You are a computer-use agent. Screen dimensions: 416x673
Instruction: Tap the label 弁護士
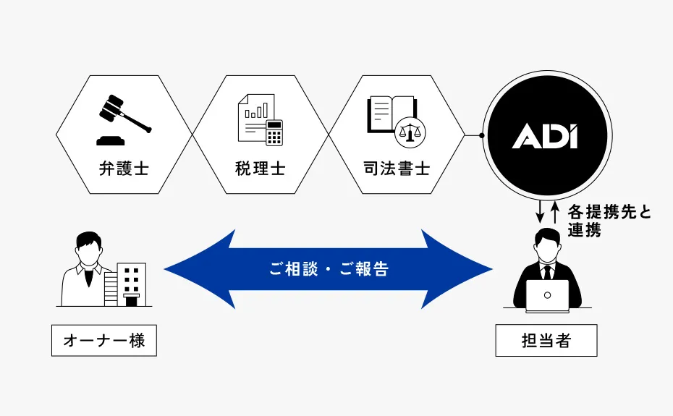coord(124,169)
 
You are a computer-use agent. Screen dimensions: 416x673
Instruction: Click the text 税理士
coord(260,169)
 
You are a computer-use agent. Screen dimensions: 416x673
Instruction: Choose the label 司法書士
coord(397,169)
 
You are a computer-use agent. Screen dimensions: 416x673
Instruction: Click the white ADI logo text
coord(545,135)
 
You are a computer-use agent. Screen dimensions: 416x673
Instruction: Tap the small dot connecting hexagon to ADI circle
coord(481,135)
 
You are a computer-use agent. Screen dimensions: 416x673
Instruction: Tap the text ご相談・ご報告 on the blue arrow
coord(329,269)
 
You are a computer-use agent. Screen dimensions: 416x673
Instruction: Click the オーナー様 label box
coord(104,340)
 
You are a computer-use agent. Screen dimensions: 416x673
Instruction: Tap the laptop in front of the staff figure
coord(547,295)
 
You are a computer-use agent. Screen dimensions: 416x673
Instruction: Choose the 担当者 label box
coord(546,341)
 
